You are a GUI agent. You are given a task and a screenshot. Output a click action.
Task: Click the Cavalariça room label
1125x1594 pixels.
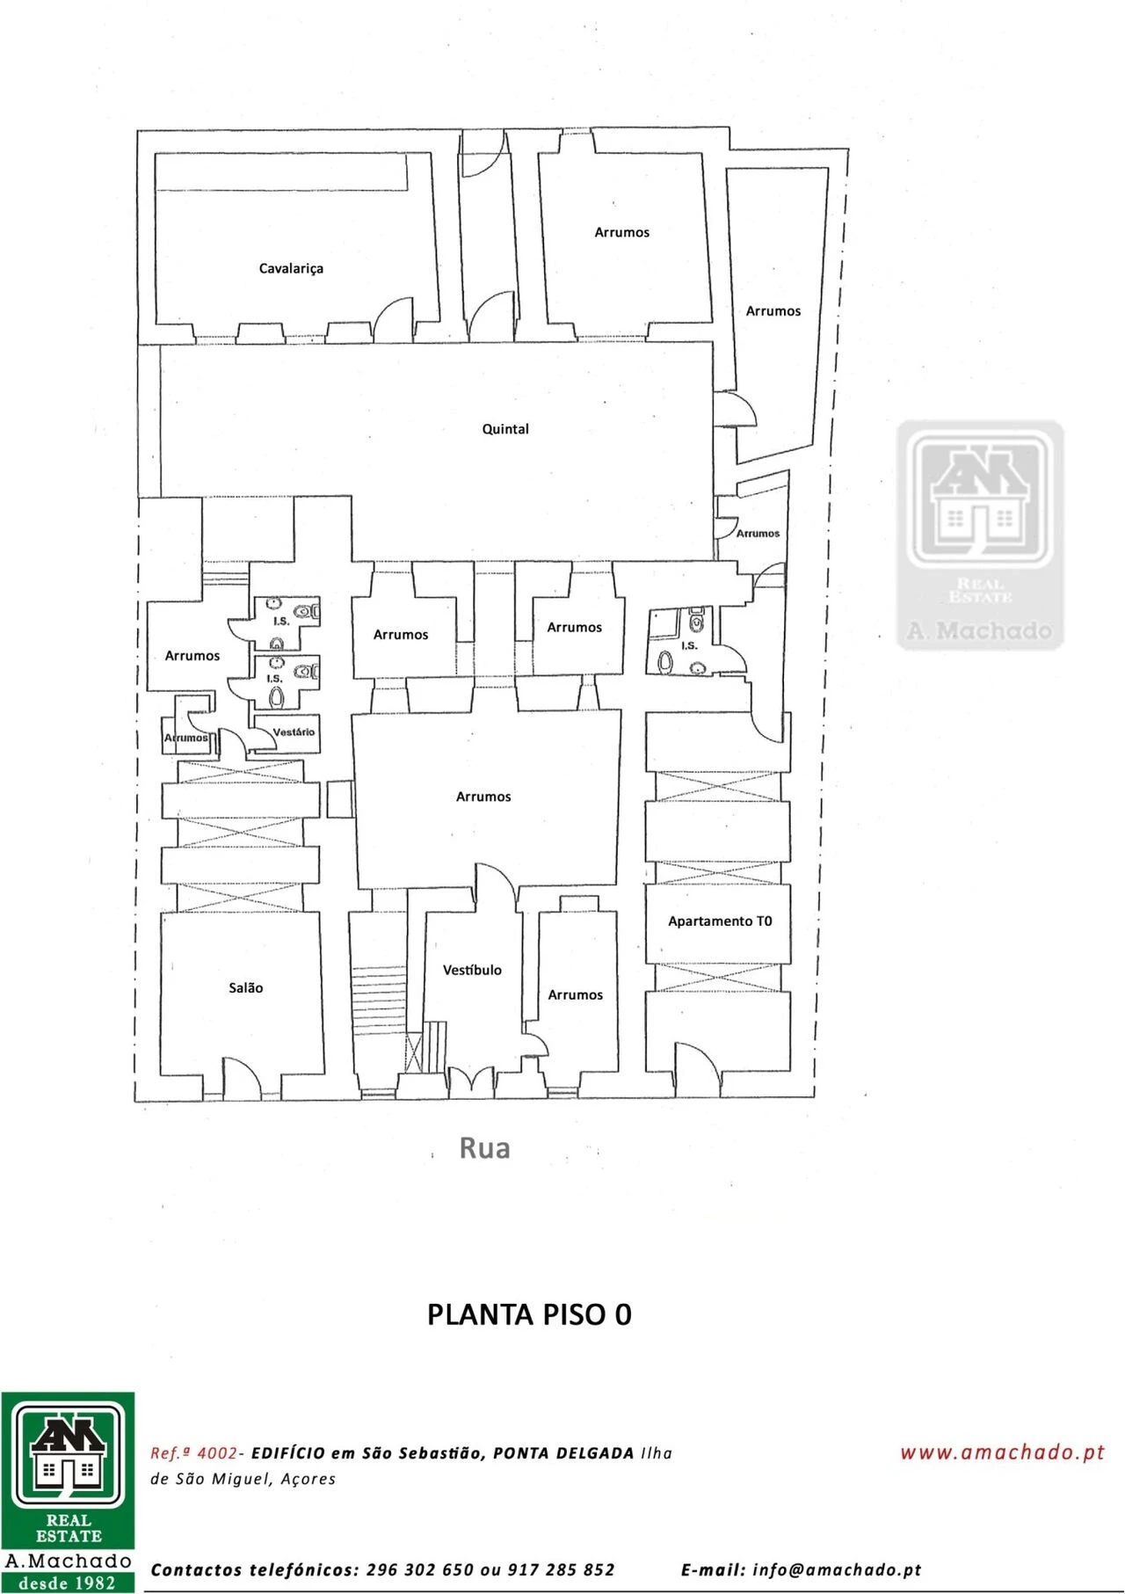tap(291, 268)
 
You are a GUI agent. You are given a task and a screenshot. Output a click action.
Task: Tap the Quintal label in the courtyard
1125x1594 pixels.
tap(505, 429)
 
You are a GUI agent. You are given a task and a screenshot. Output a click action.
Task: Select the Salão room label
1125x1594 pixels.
tap(246, 987)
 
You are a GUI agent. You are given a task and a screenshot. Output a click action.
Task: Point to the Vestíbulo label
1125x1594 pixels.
tap(472, 970)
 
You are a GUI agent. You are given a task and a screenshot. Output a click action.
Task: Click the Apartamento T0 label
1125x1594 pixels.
tap(720, 921)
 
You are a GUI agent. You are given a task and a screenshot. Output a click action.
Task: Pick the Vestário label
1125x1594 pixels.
tap(294, 731)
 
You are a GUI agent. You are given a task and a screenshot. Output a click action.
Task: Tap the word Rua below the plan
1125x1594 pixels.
tap(484, 1147)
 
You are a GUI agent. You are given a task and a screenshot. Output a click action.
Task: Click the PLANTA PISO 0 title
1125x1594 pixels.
tap(529, 1314)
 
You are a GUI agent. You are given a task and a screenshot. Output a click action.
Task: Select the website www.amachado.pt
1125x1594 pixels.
tap(1002, 1452)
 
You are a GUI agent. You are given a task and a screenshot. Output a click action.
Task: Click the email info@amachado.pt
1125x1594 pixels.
tap(837, 1569)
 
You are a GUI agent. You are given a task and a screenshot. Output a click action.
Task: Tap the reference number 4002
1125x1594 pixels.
tap(217, 1453)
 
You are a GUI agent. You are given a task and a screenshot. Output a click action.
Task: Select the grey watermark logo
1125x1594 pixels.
tap(980, 535)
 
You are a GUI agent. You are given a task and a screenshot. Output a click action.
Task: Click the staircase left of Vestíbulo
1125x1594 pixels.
tap(379, 1002)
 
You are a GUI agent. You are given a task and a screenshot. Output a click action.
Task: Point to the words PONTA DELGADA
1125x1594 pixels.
tap(563, 1453)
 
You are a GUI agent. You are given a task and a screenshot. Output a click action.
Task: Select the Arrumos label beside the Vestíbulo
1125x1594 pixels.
tap(576, 994)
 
